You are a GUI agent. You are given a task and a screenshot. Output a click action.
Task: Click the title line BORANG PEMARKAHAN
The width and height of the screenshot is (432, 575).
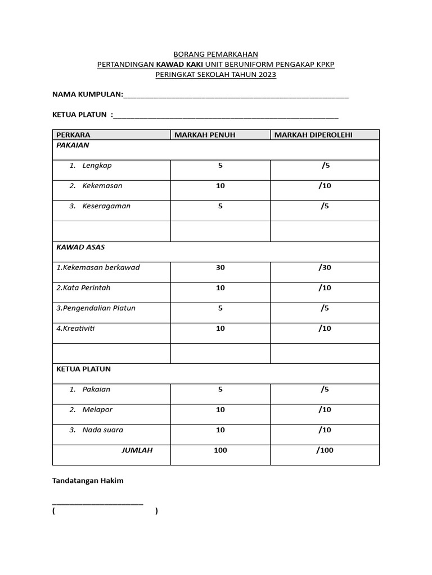point(216,54)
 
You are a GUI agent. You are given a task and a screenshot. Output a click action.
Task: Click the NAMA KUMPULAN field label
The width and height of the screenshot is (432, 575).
point(87,94)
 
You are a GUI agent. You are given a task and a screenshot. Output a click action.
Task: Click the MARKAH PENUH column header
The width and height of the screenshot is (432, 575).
point(205,135)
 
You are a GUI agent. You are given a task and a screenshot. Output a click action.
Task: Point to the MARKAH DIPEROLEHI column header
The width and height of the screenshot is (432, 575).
point(313,135)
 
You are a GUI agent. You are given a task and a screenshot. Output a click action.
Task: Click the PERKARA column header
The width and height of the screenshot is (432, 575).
point(73,135)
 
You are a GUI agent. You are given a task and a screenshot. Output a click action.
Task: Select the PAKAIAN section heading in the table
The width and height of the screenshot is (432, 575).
point(73,145)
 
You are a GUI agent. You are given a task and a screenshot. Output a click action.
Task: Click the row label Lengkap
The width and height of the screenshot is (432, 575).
point(97,166)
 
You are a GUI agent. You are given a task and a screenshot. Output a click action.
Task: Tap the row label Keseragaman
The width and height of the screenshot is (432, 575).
point(106,206)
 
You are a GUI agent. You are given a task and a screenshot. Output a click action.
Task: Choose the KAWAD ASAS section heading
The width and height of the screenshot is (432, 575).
point(80,247)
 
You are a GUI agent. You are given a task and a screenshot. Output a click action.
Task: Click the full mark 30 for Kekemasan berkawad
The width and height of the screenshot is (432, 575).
point(220,267)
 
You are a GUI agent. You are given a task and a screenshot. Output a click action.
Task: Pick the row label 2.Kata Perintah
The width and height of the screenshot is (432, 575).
point(83,288)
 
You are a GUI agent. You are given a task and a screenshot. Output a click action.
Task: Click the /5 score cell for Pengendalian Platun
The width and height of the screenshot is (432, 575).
point(325,308)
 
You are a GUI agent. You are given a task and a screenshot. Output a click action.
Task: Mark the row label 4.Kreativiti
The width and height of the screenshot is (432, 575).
point(75,328)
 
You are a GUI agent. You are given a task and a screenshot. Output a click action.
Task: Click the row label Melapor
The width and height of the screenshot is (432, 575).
point(97,410)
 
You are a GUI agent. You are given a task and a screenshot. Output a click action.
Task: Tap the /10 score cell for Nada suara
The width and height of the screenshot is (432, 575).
point(325,430)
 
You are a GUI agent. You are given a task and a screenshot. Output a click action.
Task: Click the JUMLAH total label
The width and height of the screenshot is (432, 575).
point(137,450)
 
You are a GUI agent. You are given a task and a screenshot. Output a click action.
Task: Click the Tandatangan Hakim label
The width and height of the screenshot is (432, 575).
point(88,481)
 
